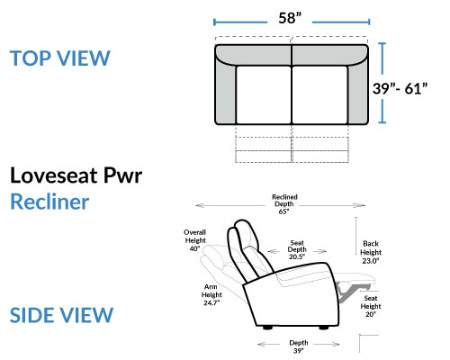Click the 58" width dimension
tap(290, 18)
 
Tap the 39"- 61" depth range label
tap(400, 88)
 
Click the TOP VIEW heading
tap(60, 58)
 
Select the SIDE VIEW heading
tap(61, 315)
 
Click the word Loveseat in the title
tap(55, 175)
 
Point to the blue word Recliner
tap(49, 202)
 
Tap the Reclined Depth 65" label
tap(284, 204)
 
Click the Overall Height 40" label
tap(195, 240)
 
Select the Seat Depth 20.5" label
tap(297, 249)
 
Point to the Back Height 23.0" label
tap(371, 252)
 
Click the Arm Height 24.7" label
tap(211, 294)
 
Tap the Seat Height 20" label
tap(371, 306)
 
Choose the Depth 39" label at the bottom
tap(299, 346)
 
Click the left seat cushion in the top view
tap(264, 94)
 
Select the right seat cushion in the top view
tap(319, 94)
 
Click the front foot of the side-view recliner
tap(324, 328)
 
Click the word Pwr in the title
tap(122, 175)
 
